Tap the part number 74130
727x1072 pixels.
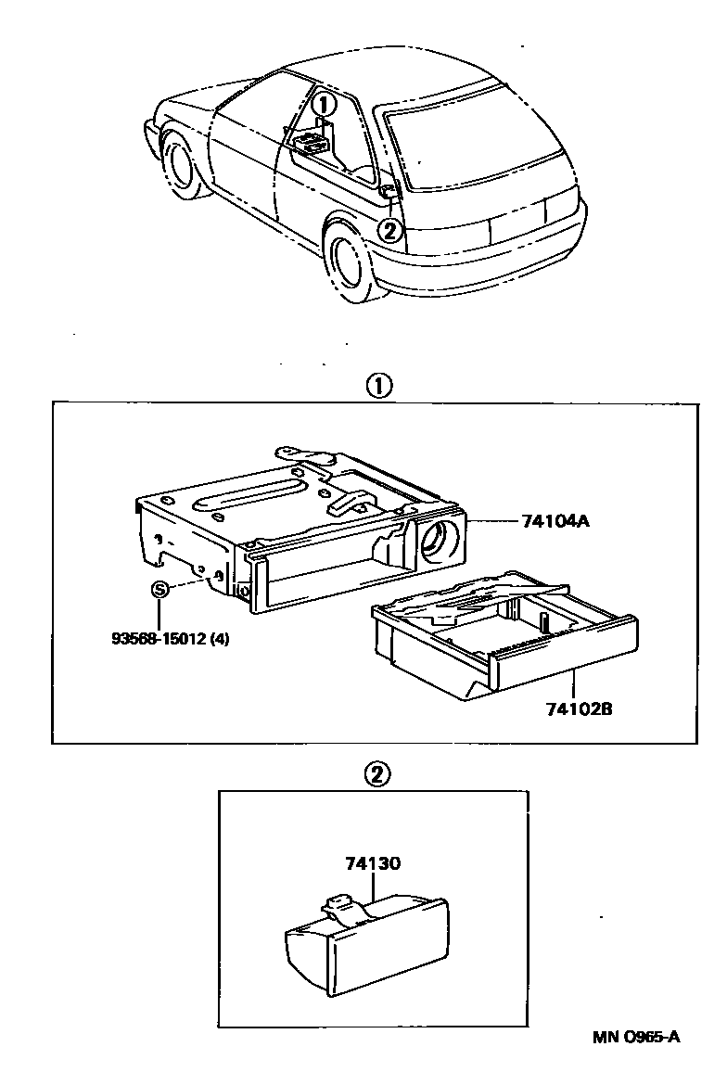point(373,863)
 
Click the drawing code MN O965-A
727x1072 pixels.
point(635,1037)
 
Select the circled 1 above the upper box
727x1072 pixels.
point(379,386)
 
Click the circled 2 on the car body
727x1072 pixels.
point(391,229)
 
